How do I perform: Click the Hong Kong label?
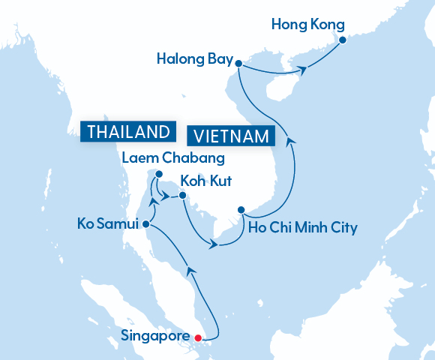coord(307,23)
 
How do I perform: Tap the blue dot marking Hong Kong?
coord(342,40)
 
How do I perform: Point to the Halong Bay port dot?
coord(238,64)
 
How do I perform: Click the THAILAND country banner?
coord(127,131)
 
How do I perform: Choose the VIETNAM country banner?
coord(231,136)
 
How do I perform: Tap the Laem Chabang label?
coord(165,158)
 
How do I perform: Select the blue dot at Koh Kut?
coord(183,196)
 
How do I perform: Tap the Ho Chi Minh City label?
coord(302,226)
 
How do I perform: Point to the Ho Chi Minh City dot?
coord(241,210)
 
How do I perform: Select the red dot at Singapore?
coord(197,337)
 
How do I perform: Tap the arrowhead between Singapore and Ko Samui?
coord(190,270)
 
